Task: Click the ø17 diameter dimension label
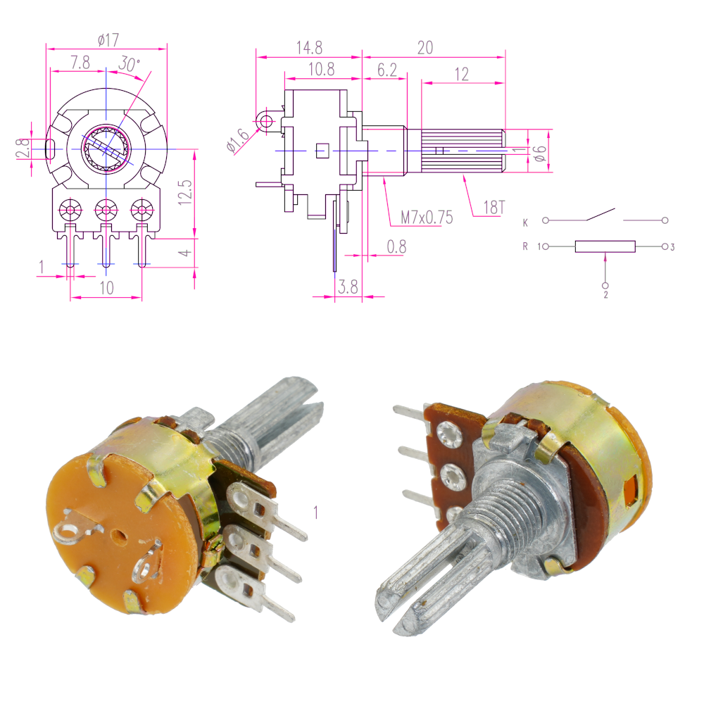[108, 40]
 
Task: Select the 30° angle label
[130, 64]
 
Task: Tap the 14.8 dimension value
[309, 48]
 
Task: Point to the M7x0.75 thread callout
[427, 218]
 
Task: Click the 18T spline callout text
[494, 207]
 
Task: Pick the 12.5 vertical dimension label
[185, 193]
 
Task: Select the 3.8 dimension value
[348, 287]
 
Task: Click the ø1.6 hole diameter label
[237, 140]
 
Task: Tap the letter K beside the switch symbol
[525, 222]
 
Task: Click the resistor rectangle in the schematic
[605, 246]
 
